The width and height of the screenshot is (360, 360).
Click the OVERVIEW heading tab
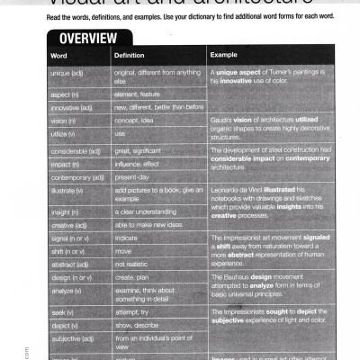[88, 40]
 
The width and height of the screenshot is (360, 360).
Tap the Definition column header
[130, 56]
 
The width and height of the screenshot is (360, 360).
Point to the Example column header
[224, 56]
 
